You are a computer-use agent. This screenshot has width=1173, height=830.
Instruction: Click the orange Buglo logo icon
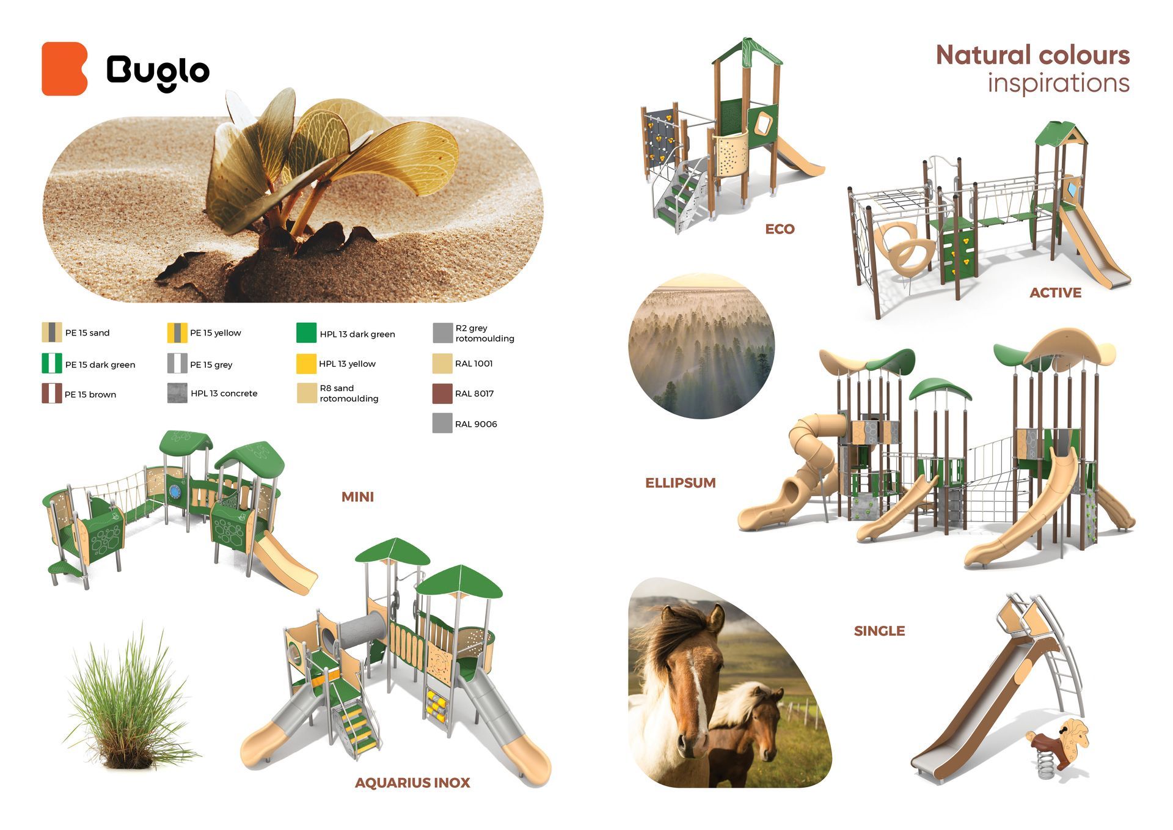point(64,68)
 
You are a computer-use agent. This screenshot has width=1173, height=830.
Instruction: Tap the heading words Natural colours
point(1032,55)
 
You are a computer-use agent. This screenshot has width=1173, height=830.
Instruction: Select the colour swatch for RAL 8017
point(442,394)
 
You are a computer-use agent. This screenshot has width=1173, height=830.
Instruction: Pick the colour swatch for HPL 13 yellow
point(306,364)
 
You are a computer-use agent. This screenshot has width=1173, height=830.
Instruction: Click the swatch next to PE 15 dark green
point(52,364)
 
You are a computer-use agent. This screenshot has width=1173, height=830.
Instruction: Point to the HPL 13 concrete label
point(224,394)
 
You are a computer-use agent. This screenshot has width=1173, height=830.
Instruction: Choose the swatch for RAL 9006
point(442,424)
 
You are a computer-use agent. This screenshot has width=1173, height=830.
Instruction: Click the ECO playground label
point(780,229)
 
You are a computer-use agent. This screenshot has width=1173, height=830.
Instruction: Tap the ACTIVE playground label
point(1055,293)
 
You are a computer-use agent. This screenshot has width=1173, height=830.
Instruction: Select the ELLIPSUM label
point(681,483)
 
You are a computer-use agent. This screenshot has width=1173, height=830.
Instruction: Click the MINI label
point(357,497)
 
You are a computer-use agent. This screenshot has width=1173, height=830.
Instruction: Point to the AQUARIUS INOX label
point(412,783)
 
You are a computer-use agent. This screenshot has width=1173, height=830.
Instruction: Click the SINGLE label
point(879,631)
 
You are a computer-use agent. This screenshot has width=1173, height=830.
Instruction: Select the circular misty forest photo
point(701,346)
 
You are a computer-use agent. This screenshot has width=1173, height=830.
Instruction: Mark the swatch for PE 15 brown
point(52,394)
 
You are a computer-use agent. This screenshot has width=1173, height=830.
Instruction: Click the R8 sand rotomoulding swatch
point(306,394)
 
